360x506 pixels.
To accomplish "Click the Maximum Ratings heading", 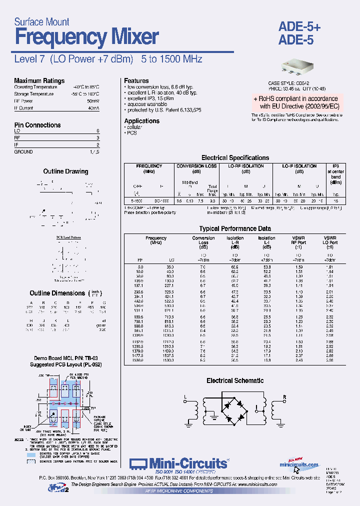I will tap(39, 81).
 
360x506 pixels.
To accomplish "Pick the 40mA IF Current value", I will tap(93, 108).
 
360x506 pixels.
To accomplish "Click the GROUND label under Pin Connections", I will tap(23, 152).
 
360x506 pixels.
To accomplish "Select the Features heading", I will tap(136, 81).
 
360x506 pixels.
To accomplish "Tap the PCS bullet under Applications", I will tap(131, 133).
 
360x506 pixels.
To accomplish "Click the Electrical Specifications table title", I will tap(235, 158).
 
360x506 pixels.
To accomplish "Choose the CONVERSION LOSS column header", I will tap(197, 166).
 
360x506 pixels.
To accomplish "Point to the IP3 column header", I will tap(335, 166).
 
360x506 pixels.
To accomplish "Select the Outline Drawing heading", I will tap(65, 171).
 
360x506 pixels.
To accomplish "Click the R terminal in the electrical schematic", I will tap(284, 397).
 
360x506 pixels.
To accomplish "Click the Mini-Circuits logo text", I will tap(186, 464).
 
